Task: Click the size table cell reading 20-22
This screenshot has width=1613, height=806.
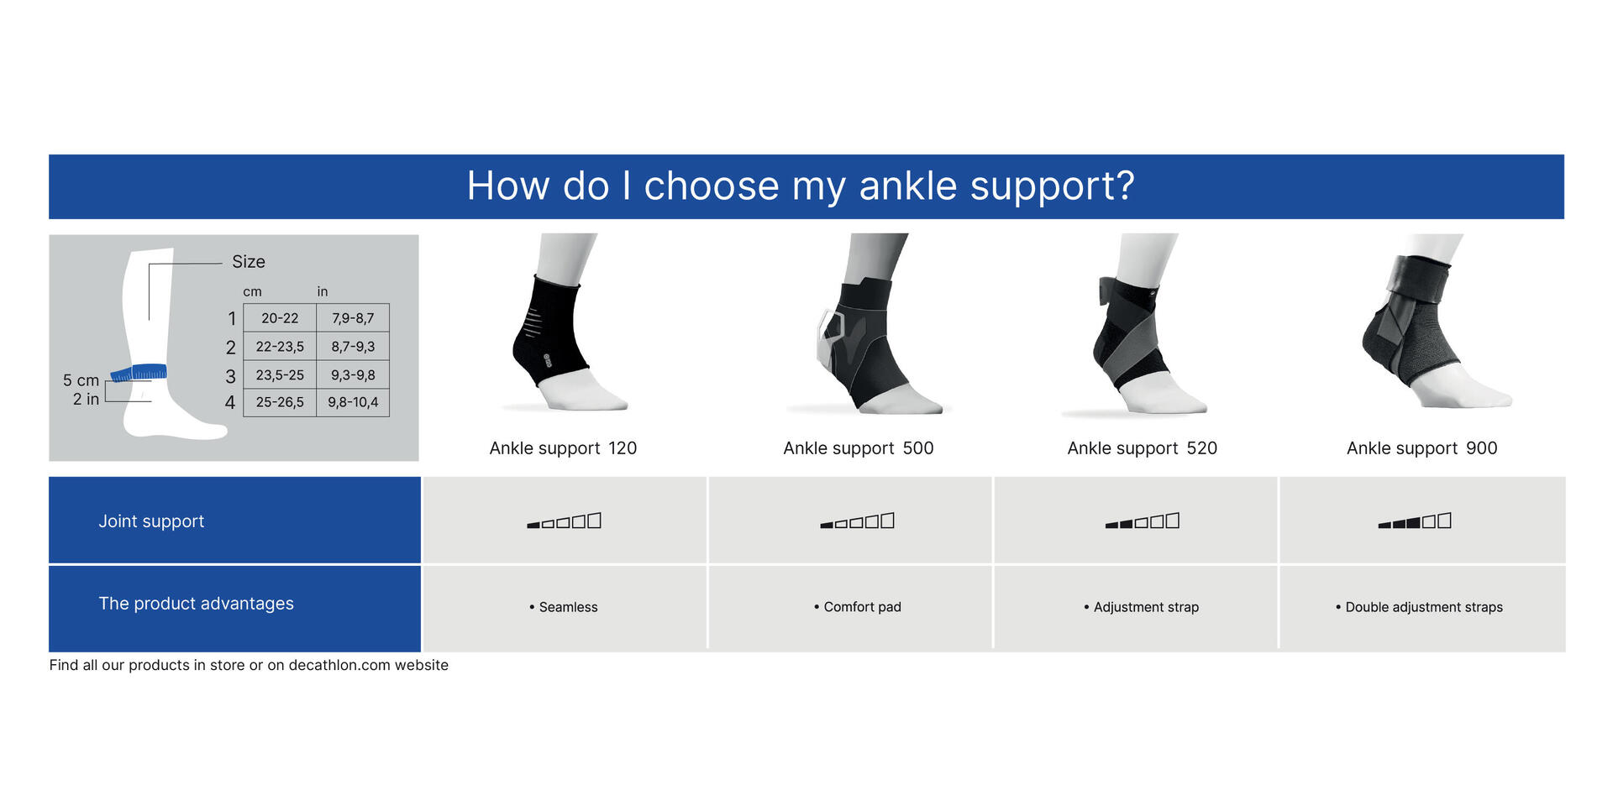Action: click(280, 318)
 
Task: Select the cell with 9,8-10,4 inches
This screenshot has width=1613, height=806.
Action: click(353, 402)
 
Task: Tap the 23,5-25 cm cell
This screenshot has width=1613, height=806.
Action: click(280, 374)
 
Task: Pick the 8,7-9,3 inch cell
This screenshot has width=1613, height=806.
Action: click(353, 346)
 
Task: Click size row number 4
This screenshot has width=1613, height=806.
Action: click(230, 403)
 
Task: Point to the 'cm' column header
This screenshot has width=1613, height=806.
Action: click(252, 291)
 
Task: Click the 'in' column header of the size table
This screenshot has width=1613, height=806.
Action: click(323, 291)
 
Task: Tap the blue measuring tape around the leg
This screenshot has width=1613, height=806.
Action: click(139, 372)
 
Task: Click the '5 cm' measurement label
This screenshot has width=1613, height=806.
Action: click(81, 380)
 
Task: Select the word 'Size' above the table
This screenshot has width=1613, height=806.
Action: click(249, 262)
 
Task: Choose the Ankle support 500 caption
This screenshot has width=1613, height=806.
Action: click(858, 448)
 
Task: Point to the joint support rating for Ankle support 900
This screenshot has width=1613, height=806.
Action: click(1415, 521)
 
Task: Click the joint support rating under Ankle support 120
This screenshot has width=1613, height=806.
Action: click(565, 521)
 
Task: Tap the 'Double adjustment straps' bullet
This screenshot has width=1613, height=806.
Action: click(1423, 607)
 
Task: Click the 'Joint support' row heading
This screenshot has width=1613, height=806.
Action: click(151, 521)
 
